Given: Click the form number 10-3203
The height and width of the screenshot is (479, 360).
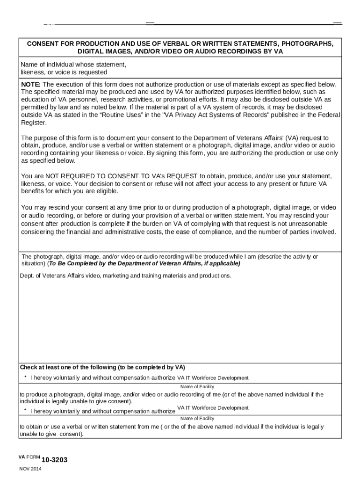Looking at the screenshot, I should pyautogui.click(x=55, y=460).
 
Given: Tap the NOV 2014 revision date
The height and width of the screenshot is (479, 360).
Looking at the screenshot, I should pyautogui.click(x=30, y=469).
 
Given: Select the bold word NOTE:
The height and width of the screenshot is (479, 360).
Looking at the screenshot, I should pyautogui.click(x=31, y=84).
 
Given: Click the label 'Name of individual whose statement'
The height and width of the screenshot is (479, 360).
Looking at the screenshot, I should pyautogui.click(x=73, y=64).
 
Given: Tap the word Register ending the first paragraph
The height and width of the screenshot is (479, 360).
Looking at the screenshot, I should pyautogui.click(x=34, y=123).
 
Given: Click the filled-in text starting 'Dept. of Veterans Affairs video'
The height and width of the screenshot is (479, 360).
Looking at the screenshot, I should pyautogui.click(x=125, y=276).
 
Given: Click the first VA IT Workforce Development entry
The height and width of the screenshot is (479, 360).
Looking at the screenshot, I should pyautogui.click(x=213, y=378).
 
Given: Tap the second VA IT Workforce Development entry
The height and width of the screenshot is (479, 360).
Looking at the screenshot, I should pyautogui.click(x=213, y=408).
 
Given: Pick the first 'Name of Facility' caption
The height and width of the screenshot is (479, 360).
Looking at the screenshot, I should pyautogui.click(x=197, y=386).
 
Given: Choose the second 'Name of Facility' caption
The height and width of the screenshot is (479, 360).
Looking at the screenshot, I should pyautogui.click(x=197, y=418).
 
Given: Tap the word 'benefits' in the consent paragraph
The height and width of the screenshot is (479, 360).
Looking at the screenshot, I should pyautogui.click(x=34, y=191).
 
